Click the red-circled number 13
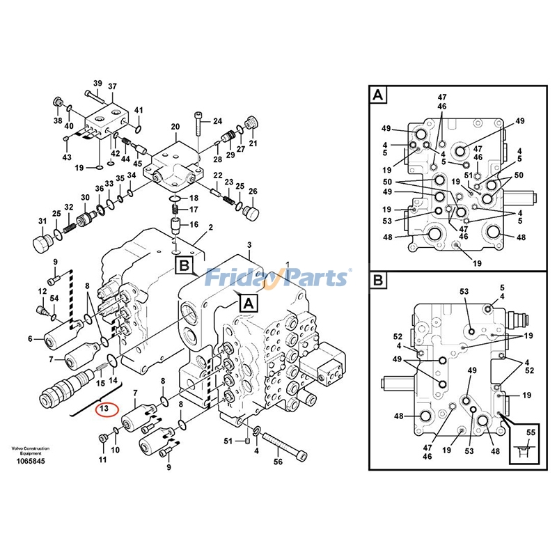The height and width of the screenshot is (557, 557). [104, 408]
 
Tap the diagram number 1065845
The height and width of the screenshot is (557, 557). [30, 462]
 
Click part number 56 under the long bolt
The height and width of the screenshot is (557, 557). [278, 462]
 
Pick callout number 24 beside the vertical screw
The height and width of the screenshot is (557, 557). [217, 121]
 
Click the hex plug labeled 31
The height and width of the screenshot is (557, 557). [42, 245]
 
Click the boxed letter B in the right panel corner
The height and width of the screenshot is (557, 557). [378, 281]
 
